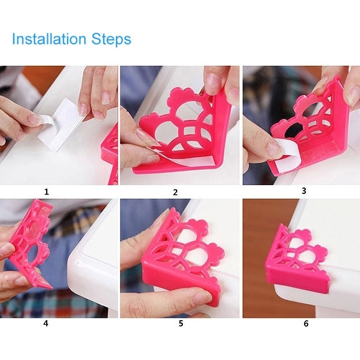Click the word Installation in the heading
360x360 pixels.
(x=49, y=39)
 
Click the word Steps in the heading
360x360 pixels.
(x=111, y=39)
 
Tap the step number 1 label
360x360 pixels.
(x=47, y=192)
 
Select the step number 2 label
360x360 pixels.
(x=175, y=192)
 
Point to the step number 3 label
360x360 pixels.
(x=303, y=190)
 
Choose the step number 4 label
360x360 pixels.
(x=46, y=323)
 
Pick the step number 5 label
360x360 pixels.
(x=181, y=323)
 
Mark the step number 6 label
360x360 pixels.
(x=306, y=324)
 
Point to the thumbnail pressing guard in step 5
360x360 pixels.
(x=199, y=299)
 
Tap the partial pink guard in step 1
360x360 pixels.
(x=110, y=156)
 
